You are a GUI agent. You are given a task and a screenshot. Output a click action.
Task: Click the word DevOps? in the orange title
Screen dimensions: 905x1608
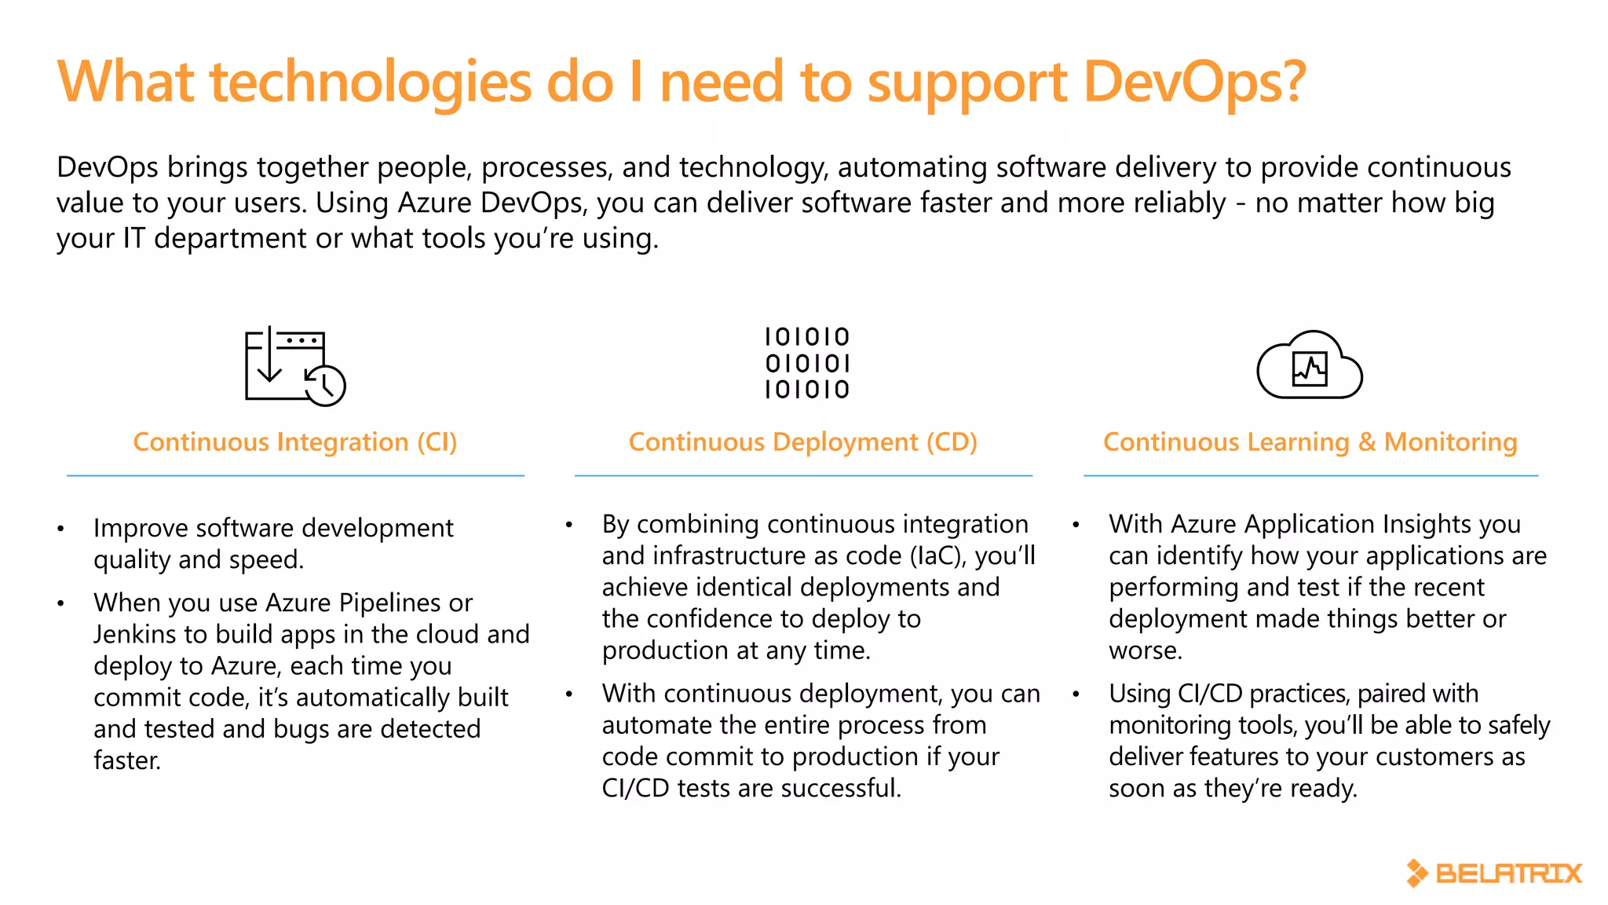click(x=1194, y=82)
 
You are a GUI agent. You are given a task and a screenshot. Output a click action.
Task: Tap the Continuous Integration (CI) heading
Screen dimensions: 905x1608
click(x=294, y=442)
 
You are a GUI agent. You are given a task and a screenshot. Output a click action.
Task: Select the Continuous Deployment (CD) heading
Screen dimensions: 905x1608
click(x=802, y=442)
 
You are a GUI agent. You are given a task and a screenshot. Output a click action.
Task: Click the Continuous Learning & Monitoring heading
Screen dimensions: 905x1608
click(x=1310, y=442)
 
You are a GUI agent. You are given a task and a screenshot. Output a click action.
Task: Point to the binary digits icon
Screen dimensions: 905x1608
click(x=807, y=363)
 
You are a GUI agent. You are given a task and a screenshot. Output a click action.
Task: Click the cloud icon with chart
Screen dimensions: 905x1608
click(x=1310, y=365)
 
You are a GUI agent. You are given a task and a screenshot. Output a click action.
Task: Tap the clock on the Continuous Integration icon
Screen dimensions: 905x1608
click(x=325, y=385)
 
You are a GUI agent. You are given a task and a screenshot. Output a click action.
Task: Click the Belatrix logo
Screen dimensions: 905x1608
click(x=1493, y=873)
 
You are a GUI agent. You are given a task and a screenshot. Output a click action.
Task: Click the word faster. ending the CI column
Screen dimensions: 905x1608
click(x=127, y=760)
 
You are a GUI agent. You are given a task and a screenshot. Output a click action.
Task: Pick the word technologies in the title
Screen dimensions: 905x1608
click(x=371, y=82)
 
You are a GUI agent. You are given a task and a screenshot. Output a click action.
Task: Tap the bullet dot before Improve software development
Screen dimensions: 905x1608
click(x=60, y=529)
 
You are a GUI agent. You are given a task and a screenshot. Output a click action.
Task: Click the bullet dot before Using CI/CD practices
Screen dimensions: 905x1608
click(x=1076, y=694)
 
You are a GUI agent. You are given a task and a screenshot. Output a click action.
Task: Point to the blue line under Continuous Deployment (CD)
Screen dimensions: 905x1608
click(x=802, y=475)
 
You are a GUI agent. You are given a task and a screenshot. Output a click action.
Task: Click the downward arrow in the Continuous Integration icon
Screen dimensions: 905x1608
click(x=269, y=361)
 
